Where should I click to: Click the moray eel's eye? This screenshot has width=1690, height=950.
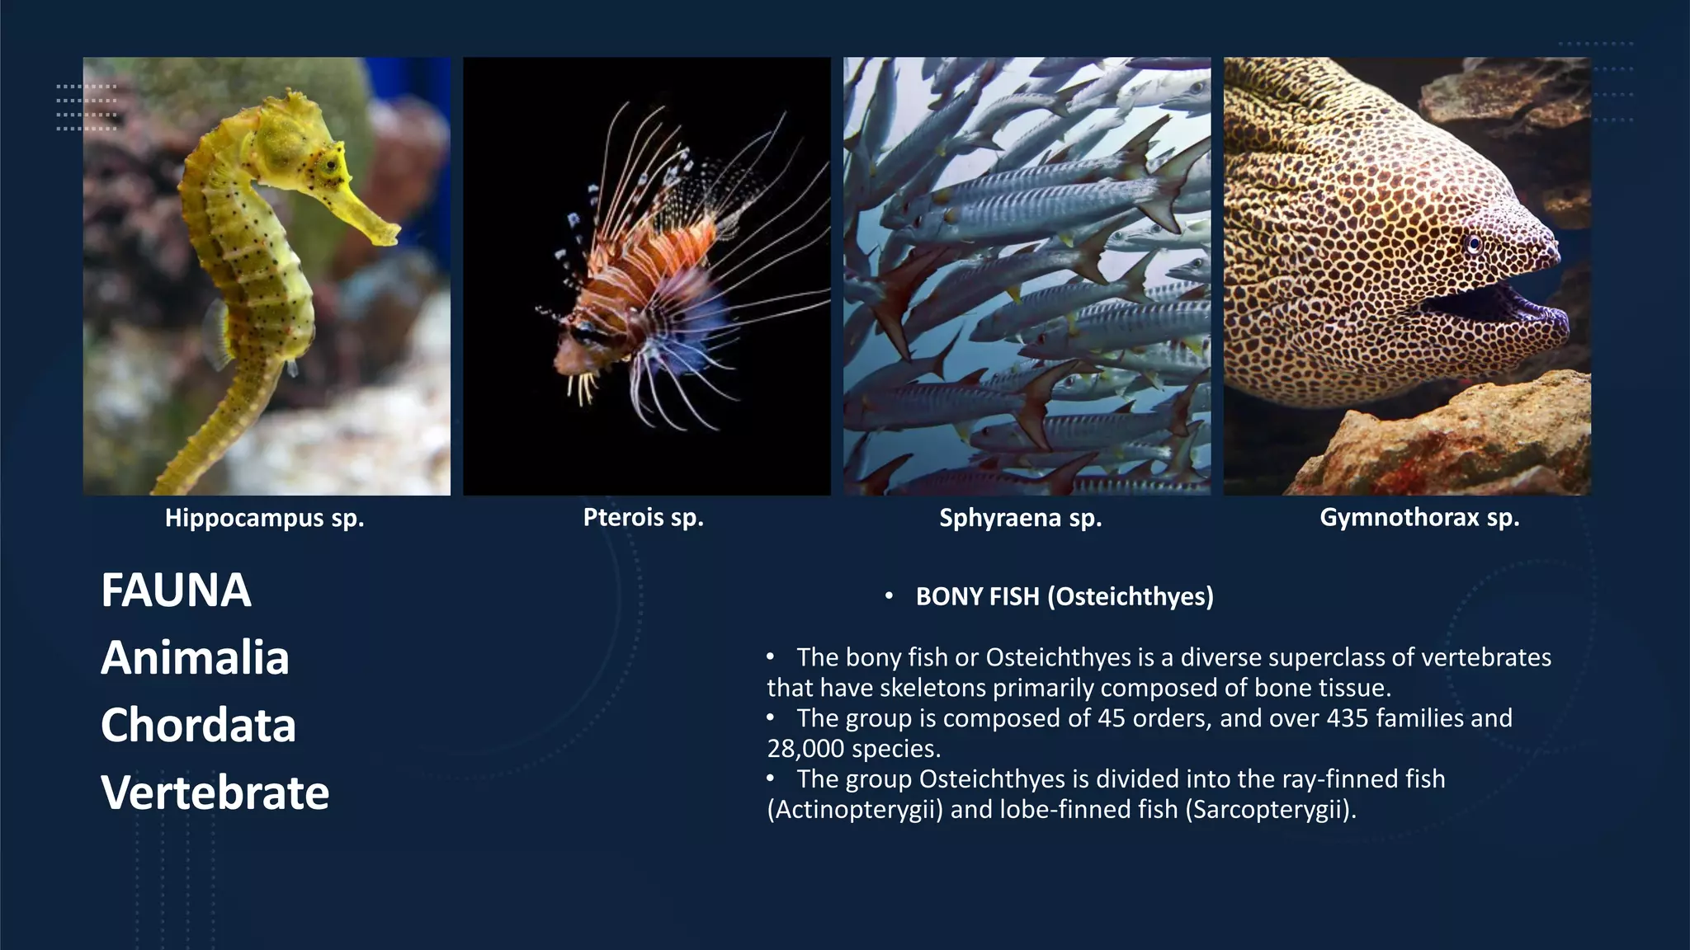click(1474, 243)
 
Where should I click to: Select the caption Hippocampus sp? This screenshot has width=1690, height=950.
click(264, 518)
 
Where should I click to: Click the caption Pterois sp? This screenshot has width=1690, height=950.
click(643, 517)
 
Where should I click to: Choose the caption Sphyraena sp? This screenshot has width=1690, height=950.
click(1020, 518)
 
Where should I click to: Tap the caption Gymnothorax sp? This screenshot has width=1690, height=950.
click(1419, 517)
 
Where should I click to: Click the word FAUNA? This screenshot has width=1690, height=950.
click(176, 590)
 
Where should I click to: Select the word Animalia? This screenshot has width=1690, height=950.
click(195, 658)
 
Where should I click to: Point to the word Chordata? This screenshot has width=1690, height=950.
click(198, 725)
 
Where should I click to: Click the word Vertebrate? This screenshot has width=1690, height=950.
click(215, 792)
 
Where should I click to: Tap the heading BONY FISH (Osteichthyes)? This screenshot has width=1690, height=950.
click(1065, 596)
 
